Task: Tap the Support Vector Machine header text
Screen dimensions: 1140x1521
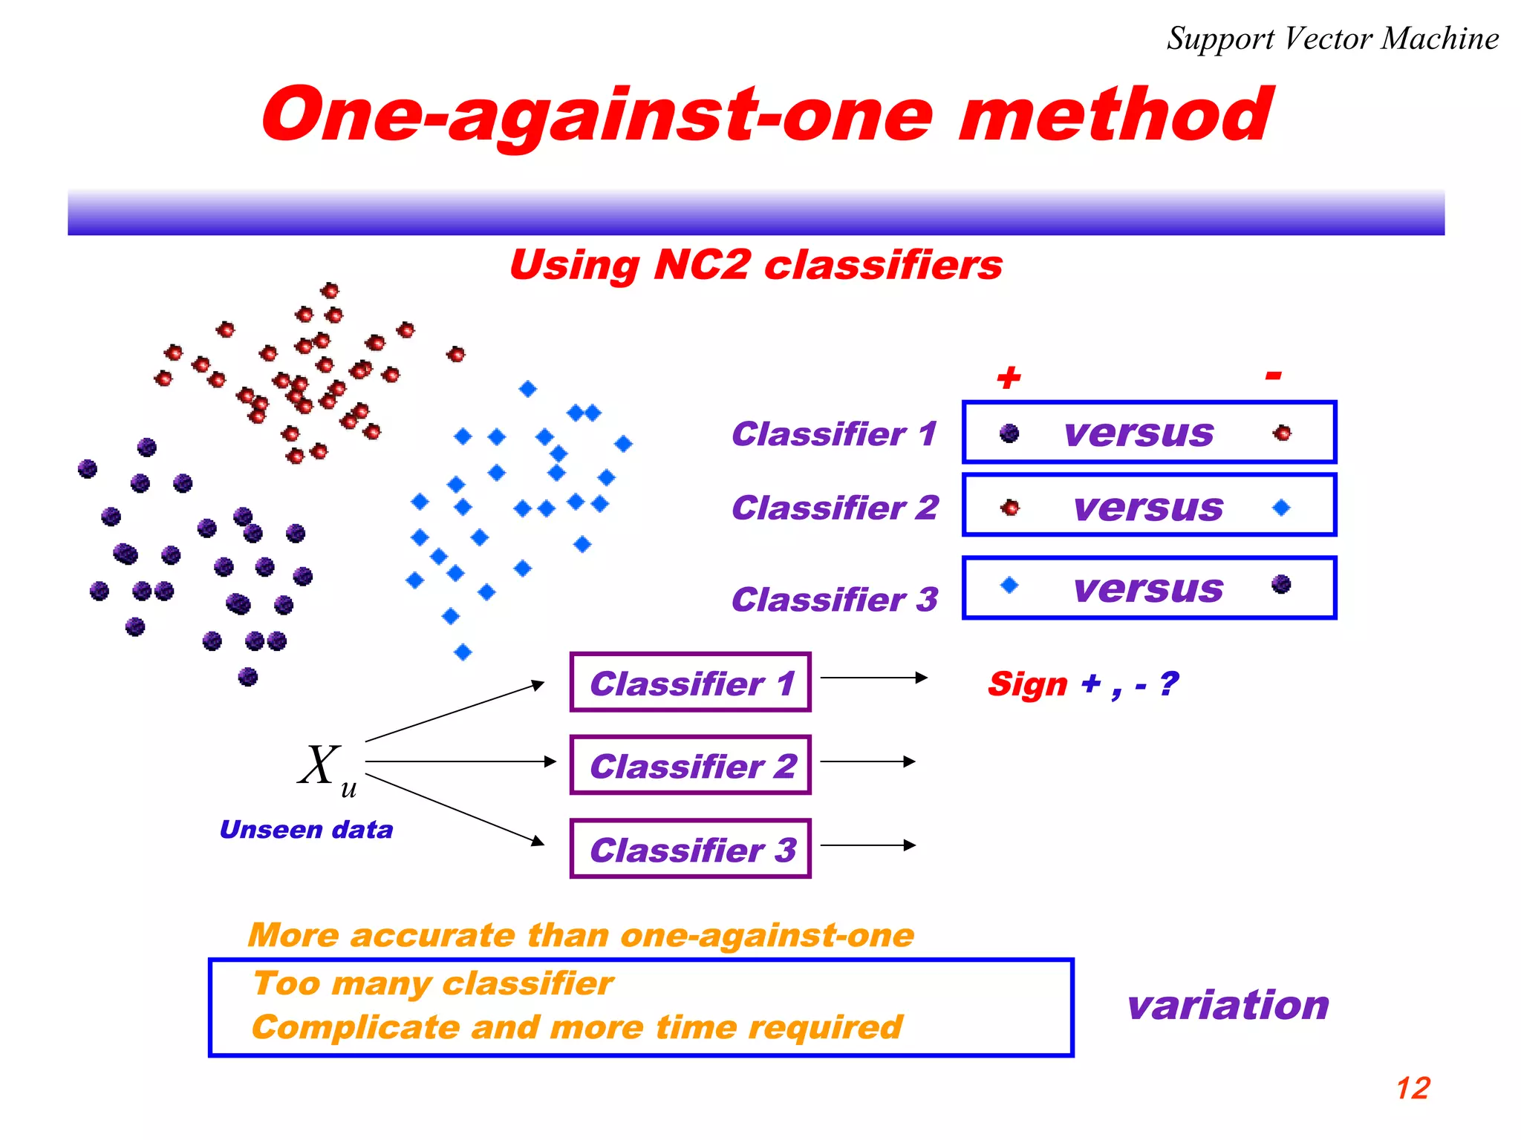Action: (x=1332, y=39)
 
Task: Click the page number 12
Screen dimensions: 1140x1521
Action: (x=1413, y=1088)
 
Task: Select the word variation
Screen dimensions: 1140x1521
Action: (x=1228, y=1005)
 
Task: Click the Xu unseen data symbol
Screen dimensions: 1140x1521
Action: (x=325, y=767)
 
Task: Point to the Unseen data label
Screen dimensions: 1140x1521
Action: (x=306, y=829)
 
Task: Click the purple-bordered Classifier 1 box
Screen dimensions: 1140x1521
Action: (x=690, y=683)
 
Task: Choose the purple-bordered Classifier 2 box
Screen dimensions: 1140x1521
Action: (x=690, y=765)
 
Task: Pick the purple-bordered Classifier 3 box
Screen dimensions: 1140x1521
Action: (x=690, y=849)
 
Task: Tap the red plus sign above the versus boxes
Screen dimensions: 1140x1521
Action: (x=1009, y=378)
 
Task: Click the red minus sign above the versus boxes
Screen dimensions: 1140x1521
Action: (x=1273, y=376)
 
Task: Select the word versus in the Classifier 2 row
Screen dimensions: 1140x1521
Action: (x=1148, y=508)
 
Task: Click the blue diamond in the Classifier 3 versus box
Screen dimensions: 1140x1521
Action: (x=1009, y=585)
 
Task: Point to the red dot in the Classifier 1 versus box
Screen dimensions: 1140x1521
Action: (x=1282, y=433)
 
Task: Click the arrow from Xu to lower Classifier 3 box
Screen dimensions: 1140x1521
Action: (x=455, y=809)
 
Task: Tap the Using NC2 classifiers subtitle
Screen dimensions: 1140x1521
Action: (x=755, y=265)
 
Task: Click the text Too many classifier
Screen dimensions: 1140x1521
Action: (x=433, y=983)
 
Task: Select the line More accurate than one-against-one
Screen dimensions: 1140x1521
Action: (x=581, y=935)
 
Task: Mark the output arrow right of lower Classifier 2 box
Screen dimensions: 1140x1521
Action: (x=867, y=761)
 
